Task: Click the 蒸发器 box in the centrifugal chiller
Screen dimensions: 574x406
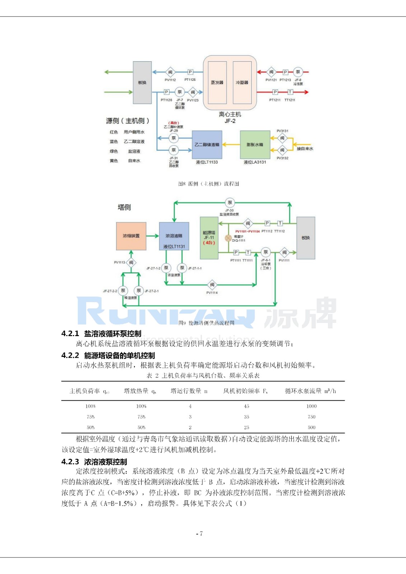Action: pyautogui.click(x=217, y=83)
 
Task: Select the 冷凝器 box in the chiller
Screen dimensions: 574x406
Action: pyautogui.click(x=242, y=83)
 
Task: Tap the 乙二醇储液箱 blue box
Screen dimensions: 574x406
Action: pyautogui.click(x=207, y=145)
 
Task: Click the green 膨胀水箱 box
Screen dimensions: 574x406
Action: pyautogui.click(x=255, y=145)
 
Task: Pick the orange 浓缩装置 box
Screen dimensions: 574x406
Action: pyautogui.click(x=131, y=236)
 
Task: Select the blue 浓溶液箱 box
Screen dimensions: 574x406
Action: pyautogui.click(x=174, y=236)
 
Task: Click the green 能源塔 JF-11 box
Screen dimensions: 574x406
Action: pyautogui.click(x=209, y=237)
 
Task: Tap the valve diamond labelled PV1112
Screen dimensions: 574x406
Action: pyautogui.click(x=170, y=72)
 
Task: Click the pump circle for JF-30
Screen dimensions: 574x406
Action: pyautogui.click(x=230, y=203)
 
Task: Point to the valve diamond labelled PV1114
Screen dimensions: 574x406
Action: pyautogui.click(x=212, y=285)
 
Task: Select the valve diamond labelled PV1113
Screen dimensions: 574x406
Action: pyautogui.click(x=131, y=263)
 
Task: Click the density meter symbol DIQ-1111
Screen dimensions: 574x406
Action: pyautogui.click(x=228, y=238)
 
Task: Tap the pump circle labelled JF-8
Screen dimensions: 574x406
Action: pyautogui.click(x=298, y=72)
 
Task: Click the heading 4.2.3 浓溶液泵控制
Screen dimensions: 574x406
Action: pyautogui.click(x=94, y=462)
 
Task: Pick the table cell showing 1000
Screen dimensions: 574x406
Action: pyautogui.click(x=311, y=406)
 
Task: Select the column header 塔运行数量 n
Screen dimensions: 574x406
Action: pyautogui.click(x=189, y=391)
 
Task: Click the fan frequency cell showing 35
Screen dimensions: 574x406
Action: pyautogui.click(x=246, y=417)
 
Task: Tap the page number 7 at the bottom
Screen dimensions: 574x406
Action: pyautogui.click(x=200, y=533)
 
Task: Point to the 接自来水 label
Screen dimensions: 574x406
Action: pyautogui.click(x=305, y=149)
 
